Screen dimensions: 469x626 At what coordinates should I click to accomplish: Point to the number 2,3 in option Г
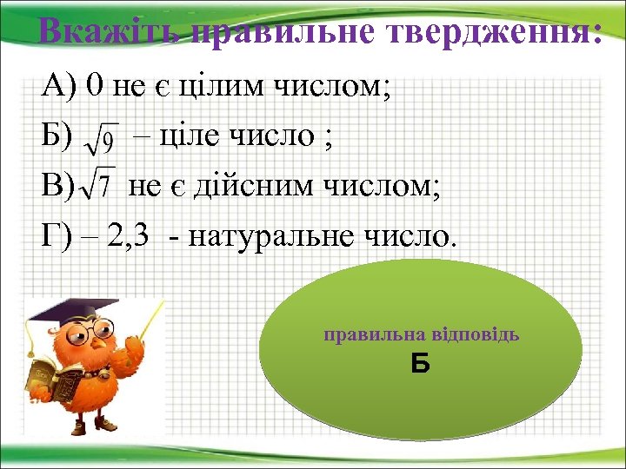pos(133,234)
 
